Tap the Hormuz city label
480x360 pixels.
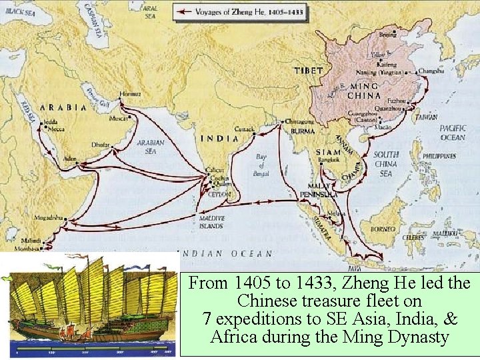click(130, 93)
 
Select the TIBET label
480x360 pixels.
click(309, 71)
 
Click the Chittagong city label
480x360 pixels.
click(299, 123)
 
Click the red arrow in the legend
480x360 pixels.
click(185, 11)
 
